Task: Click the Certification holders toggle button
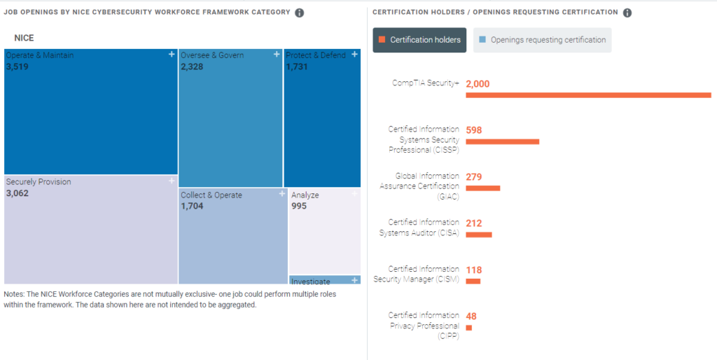point(419,40)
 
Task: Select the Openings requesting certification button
point(542,40)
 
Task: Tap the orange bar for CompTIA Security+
point(588,95)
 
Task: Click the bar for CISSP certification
point(502,141)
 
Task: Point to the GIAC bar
point(482,188)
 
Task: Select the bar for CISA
point(479,235)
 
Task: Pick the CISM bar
point(473,281)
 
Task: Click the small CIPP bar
point(468,327)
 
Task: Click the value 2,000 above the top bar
point(478,83)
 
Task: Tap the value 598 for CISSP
point(474,130)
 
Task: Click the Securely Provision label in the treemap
point(39,182)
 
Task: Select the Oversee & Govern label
point(212,55)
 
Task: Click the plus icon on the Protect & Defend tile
point(354,54)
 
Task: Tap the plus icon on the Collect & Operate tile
point(281,193)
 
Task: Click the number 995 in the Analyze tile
point(299,206)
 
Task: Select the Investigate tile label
point(310,281)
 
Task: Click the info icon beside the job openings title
point(300,13)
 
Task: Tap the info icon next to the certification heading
point(627,13)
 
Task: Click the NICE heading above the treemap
point(24,38)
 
